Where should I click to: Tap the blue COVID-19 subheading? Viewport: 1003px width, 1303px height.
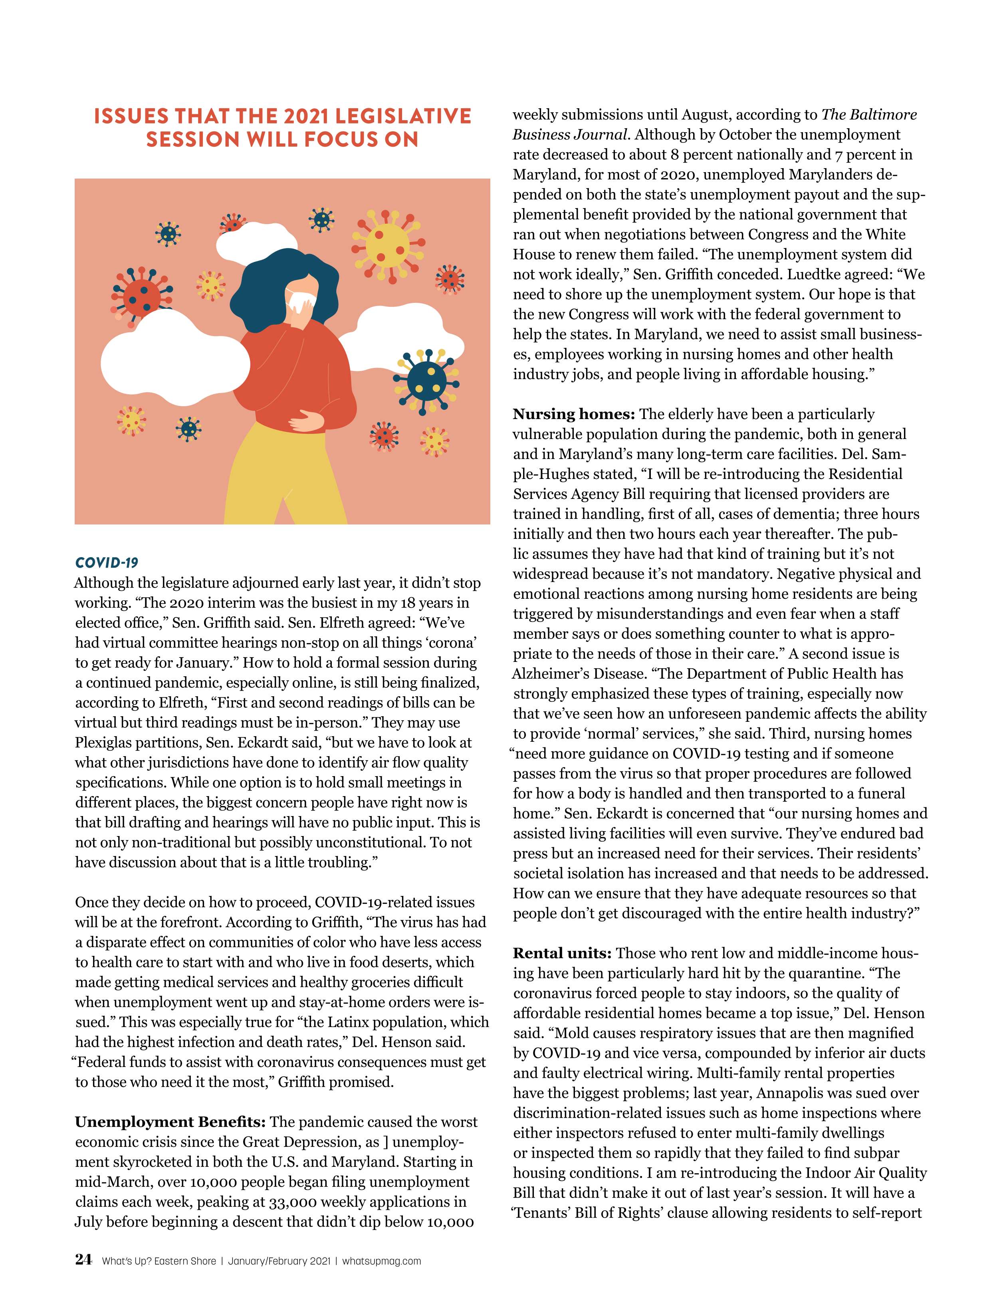(107, 562)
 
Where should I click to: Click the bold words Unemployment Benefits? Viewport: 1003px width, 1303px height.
(170, 1122)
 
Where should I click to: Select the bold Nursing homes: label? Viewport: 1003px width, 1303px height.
(575, 414)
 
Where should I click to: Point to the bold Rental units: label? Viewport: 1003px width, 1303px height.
(563, 953)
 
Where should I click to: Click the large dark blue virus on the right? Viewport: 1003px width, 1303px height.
(427, 379)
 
